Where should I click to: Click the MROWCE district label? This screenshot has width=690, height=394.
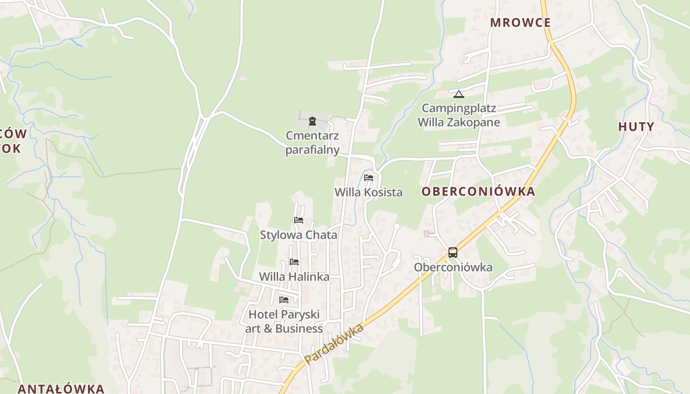tap(520, 23)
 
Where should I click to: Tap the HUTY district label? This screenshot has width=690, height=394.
tap(636, 127)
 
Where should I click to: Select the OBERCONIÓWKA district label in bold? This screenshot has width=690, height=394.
tap(478, 192)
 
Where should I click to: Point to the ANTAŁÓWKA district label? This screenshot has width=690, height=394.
tap(61, 389)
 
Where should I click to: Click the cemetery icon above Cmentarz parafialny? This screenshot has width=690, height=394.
tap(312, 121)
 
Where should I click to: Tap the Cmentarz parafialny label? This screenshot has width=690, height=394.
tap(312, 142)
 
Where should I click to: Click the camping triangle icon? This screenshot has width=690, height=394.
tap(459, 94)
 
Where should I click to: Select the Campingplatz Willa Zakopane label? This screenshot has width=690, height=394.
tap(459, 115)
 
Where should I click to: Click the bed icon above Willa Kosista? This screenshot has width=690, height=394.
tap(369, 178)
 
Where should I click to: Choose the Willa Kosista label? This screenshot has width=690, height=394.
tap(369, 193)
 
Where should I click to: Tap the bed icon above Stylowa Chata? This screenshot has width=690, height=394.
tap(299, 220)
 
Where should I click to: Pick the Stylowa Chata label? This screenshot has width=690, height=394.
tap(299, 235)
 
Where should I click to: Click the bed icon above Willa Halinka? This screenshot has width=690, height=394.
tap(294, 262)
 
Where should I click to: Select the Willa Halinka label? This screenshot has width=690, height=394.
tap(294, 277)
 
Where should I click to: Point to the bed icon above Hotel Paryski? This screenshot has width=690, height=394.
tap(284, 299)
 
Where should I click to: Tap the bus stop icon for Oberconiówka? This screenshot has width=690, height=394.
tap(453, 253)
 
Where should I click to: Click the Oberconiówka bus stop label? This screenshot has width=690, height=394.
tap(453, 267)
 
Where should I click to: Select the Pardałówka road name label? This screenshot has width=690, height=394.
tap(334, 344)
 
